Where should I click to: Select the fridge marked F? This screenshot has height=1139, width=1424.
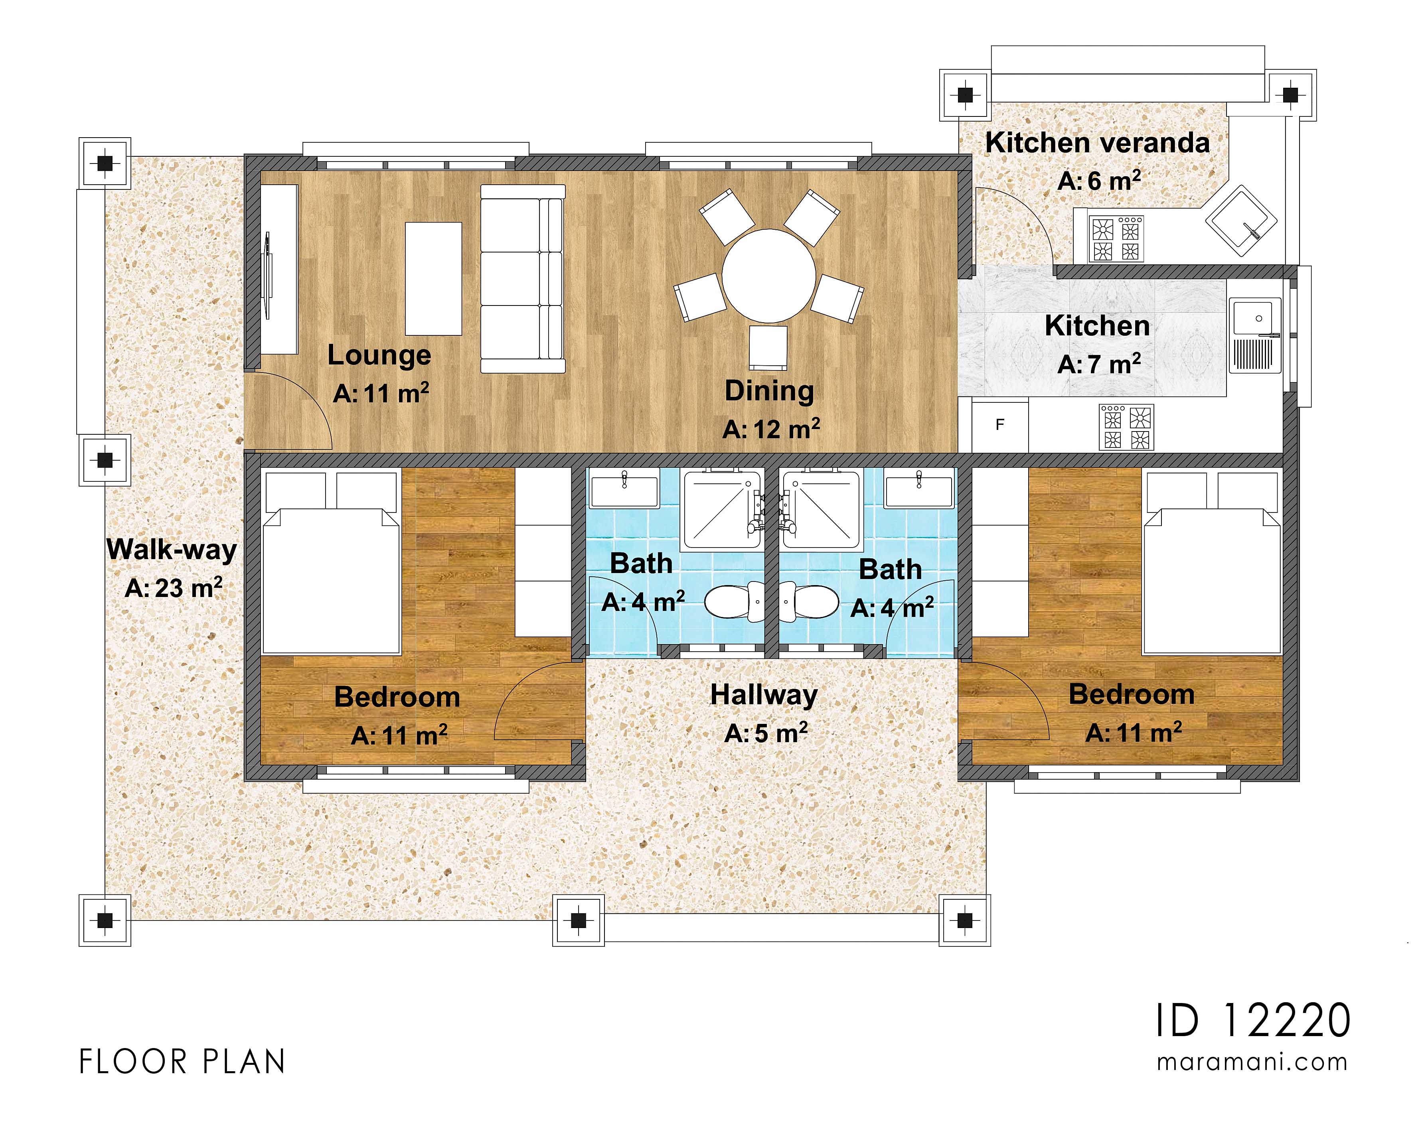point(999,425)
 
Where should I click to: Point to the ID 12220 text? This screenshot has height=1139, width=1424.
point(1253,1021)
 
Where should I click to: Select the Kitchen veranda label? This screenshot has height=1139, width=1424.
point(1097,143)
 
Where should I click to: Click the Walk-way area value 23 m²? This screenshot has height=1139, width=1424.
point(174,588)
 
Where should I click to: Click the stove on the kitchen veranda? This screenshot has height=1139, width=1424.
point(1116,238)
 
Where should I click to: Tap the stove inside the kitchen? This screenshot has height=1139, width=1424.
point(1126,427)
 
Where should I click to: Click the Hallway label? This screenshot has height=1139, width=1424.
point(764,695)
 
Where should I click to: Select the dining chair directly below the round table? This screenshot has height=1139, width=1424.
point(768,347)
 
